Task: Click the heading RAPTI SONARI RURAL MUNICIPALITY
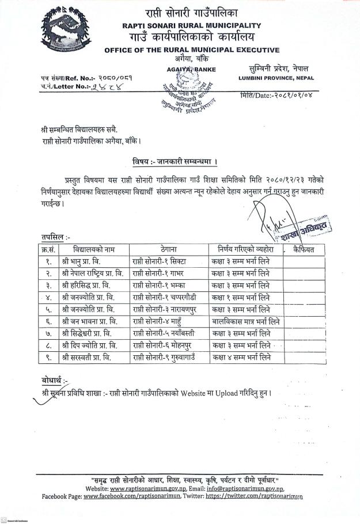pos(192,25)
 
